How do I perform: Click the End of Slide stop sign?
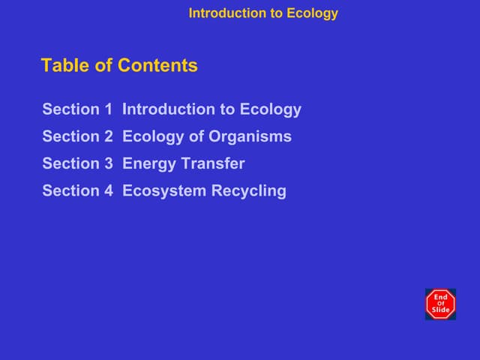coord(440,304)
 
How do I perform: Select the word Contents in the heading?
coord(158,66)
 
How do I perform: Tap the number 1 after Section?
coord(107,109)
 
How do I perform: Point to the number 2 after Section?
coord(107,136)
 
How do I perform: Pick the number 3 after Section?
coord(107,163)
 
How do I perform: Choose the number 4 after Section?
coord(107,190)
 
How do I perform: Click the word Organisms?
coord(250,136)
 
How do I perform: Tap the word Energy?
coord(148,164)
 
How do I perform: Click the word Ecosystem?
coord(163,191)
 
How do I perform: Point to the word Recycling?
coord(248,191)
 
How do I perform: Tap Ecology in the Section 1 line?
coord(271,110)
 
